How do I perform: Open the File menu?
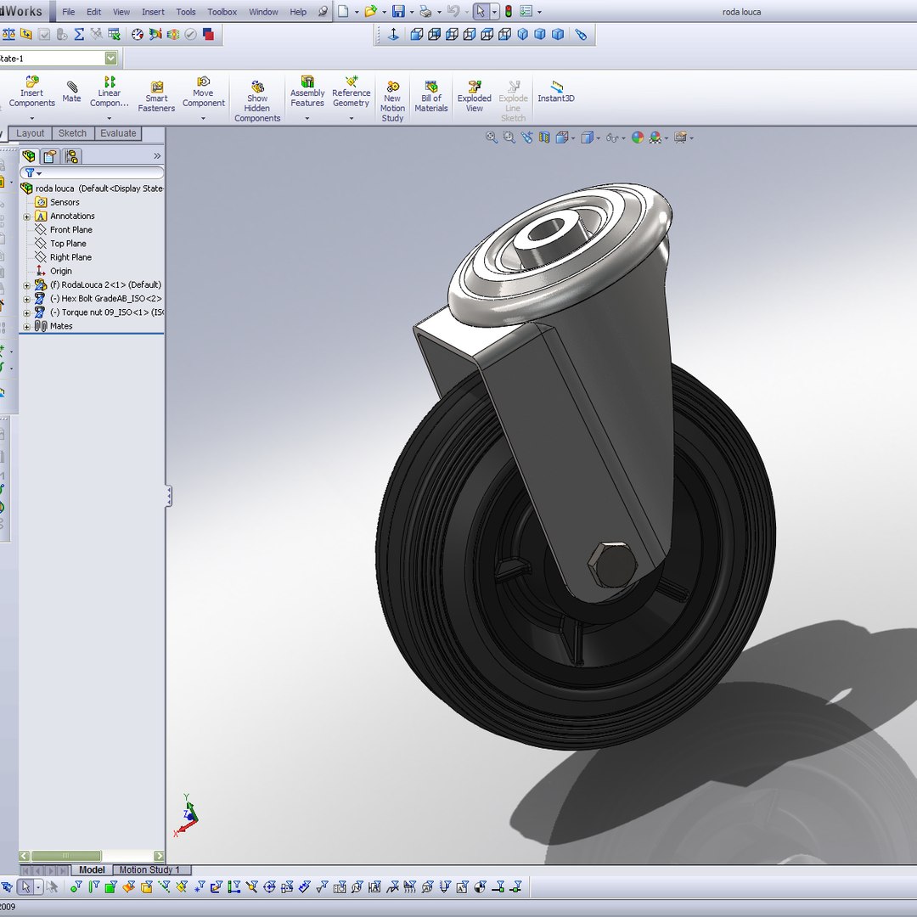coord(69,12)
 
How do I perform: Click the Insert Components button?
coord(32,94)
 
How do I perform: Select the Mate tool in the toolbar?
coord(72,91)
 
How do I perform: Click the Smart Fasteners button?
coord(156,97)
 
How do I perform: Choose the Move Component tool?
coord(203,94)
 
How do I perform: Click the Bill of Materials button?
coord(431,97)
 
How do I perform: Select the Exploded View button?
coord(475,97)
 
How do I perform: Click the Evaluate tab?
coord(118,133)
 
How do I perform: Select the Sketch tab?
coord(72,133)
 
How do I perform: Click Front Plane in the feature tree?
coord(70,230)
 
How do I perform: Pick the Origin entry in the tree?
coord(60,271)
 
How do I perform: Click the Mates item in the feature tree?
coord(61,326)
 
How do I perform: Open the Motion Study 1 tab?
coord(149,869)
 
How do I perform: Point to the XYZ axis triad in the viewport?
coord(188,816)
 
